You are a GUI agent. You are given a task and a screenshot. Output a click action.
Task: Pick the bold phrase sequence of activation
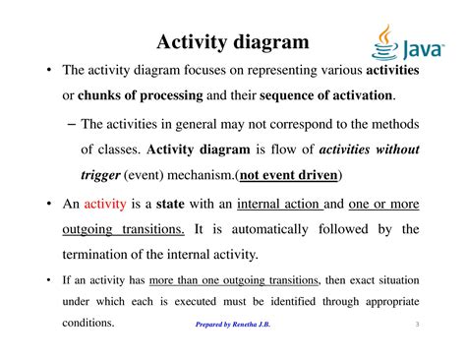pyautogui.click(x=328, y=95)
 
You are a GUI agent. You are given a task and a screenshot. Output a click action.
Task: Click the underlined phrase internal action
pyautogui.click(x=283, y=204)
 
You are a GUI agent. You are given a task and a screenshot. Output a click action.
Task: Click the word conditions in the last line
pyautogui.click(x=88, y=323)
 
